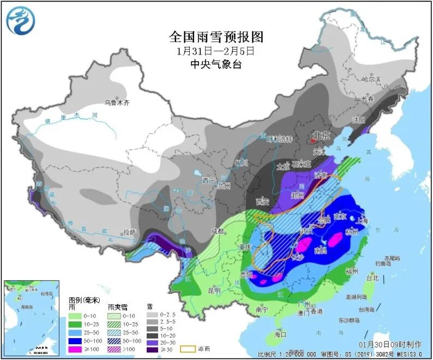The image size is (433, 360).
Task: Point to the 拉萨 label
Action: (x=129, y=232)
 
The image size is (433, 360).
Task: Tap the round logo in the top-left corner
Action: (x=19, y=20)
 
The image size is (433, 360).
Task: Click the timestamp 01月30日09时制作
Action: (x=390, y=345)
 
